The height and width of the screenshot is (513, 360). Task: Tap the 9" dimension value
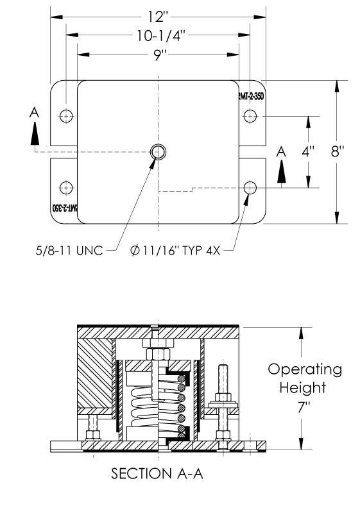point(159,56)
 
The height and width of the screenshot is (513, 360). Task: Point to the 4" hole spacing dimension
point(309,153)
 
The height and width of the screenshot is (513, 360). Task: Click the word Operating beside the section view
point(305,370)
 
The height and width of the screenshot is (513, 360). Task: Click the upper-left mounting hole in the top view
point(65,116)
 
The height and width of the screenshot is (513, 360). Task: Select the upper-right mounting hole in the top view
point(250,116)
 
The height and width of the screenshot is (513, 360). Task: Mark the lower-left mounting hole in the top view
point(65,187)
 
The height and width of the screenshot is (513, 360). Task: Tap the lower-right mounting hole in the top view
point(250,187)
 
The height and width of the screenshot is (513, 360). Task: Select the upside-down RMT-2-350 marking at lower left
point(64,209)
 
